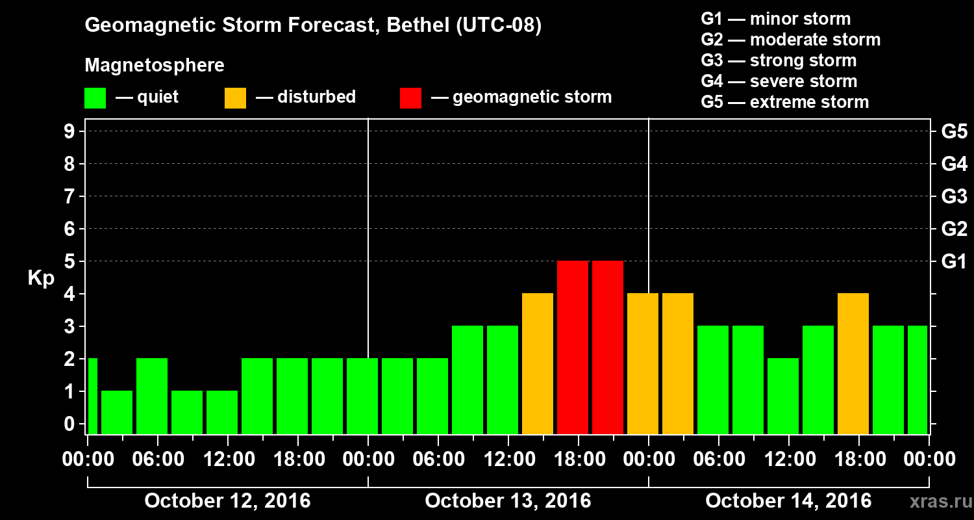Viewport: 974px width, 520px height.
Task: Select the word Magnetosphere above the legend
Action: [155, 66]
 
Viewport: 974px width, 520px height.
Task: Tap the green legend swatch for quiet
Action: [95, 98]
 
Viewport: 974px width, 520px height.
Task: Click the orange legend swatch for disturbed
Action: [235, 98]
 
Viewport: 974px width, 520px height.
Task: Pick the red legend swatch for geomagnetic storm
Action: [410, 98]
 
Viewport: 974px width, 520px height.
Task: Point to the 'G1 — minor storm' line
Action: [775, 19]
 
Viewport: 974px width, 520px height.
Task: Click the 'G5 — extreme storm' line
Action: [784, 102]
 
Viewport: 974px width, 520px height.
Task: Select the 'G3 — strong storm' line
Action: [779, 60]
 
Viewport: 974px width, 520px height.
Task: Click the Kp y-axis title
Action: [41, 278]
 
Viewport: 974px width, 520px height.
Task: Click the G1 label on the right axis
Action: [954, 262]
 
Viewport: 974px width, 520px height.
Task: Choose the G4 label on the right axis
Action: [954, 164]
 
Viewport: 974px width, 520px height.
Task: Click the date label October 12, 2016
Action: [227, 501]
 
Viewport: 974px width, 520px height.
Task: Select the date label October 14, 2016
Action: [788, 501]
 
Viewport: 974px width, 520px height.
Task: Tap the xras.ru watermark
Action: [936, 502]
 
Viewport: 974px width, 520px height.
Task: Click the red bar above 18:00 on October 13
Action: [573, 347]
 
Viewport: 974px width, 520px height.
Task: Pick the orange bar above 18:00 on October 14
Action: [853, 363]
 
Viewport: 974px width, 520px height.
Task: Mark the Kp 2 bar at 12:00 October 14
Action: [783, 396]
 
